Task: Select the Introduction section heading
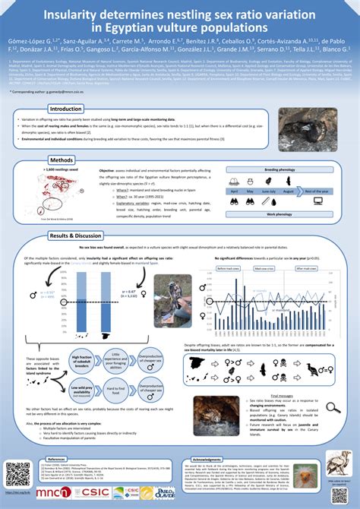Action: pyautogui.click(x=65, y=109)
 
